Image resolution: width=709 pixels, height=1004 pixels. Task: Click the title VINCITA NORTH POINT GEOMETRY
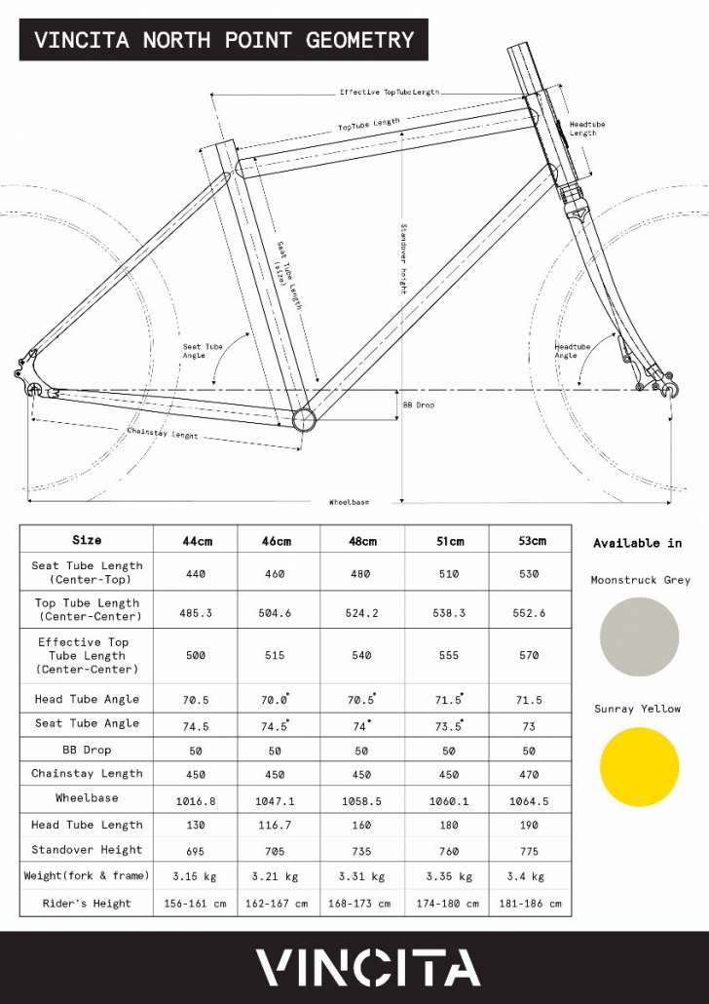click(x=224, y=40)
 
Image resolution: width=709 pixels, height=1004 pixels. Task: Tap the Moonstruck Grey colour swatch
click(x=640, y=637)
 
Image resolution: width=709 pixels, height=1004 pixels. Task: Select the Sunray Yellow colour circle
click(x=640, y=766)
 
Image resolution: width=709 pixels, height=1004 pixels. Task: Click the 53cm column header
click(x=529, y=541)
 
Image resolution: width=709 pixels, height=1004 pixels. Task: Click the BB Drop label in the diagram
click(x=419, y=404)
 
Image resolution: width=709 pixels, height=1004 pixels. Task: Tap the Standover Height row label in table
click(x=87, y=850)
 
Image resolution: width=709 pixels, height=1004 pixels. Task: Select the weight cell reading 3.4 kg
click(x=529, y=876)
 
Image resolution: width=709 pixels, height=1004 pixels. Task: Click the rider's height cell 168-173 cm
click(x=361, y=904)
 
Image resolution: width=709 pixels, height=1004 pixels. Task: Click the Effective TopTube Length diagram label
click(x=389, y=92)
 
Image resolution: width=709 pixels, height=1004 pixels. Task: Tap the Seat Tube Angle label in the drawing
click(x=203, y=351)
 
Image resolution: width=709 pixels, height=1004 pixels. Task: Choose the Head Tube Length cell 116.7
click(x=276, y=826)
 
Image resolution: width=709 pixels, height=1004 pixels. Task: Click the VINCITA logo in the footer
click(x=368, y=967)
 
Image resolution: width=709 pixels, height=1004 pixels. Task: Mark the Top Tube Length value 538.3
click(x=449, y=614)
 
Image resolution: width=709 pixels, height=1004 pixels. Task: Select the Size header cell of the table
click(x=87, y=540)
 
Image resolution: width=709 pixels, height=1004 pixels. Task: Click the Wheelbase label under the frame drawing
click(x=349, y=502)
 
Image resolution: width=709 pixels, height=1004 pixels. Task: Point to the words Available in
click(x=638, y=543)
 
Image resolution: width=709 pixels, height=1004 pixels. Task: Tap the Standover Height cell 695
click(x=196, y=851)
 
